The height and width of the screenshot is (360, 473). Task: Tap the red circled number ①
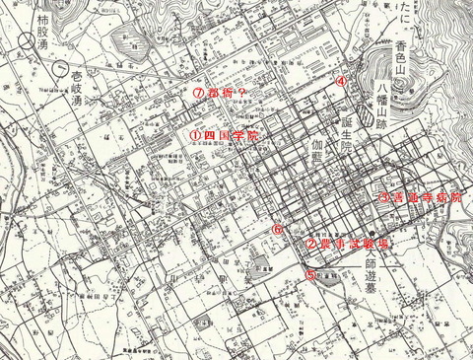(x=195, y=134)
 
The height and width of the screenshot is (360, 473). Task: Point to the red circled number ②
(x=310, y=242)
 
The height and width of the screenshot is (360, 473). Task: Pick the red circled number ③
(x=383, y=196)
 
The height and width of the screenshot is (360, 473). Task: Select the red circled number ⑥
(x=279, y=228)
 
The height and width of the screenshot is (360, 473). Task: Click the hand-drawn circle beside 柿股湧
(x=21, y=44)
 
